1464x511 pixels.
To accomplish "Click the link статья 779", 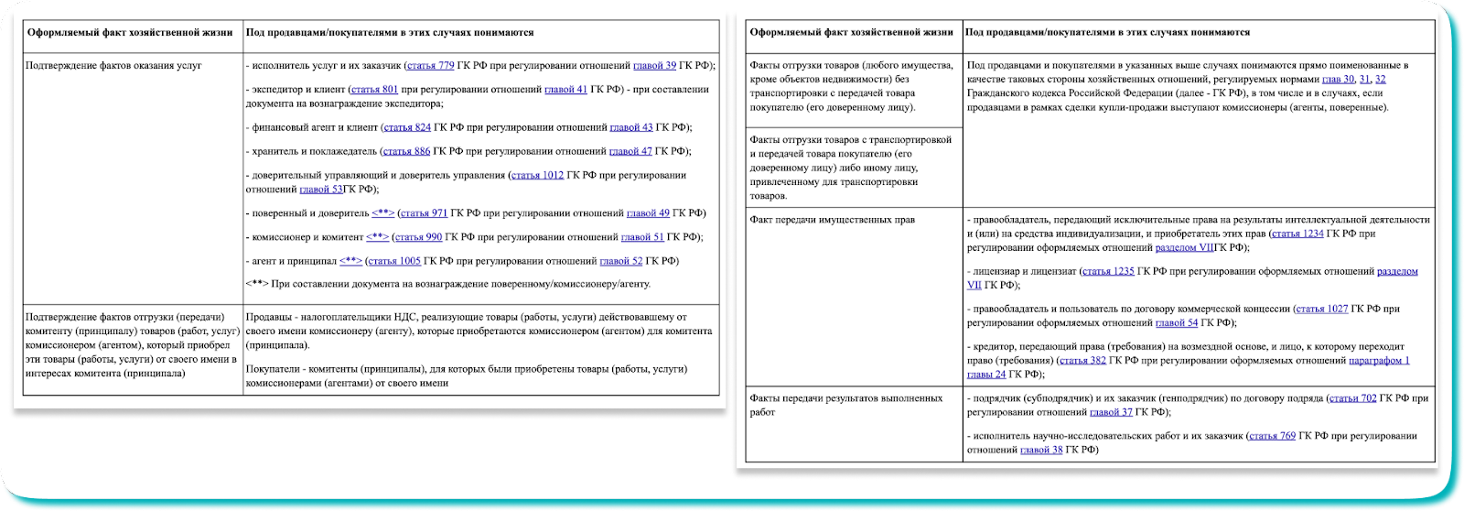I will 430,66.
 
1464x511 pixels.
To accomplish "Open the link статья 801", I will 374,90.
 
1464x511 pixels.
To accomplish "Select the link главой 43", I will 630,127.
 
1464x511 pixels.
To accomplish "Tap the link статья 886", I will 406,151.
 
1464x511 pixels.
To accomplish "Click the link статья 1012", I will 537,175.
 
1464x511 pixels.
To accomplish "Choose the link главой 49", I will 648,213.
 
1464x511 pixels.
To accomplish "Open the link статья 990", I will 420,237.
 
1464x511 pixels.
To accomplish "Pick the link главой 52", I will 621,261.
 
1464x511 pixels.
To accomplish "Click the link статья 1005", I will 396,261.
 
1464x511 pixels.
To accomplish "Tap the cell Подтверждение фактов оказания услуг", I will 113,66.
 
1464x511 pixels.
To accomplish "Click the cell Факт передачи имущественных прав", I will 832,220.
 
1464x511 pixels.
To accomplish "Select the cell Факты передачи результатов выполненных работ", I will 845,405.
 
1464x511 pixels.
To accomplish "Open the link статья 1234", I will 1297,234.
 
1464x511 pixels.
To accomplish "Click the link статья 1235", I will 1107,271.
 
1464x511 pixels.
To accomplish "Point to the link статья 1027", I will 1321,309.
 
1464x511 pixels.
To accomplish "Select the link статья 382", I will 1083,360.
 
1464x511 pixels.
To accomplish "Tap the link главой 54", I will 1176,322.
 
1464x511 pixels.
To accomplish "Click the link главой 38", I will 1041,450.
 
